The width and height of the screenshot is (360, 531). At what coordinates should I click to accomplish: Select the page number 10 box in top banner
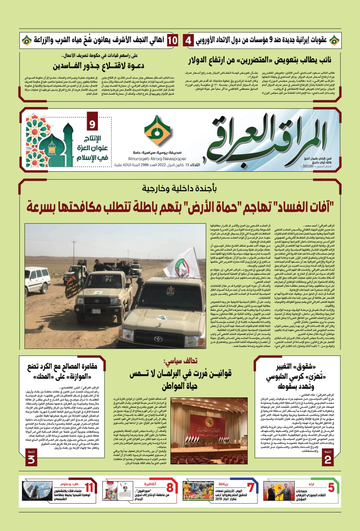point(173,40)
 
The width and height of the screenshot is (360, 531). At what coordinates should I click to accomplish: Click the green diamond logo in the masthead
point(157,130)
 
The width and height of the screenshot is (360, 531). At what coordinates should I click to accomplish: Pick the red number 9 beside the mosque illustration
point(92,124)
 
